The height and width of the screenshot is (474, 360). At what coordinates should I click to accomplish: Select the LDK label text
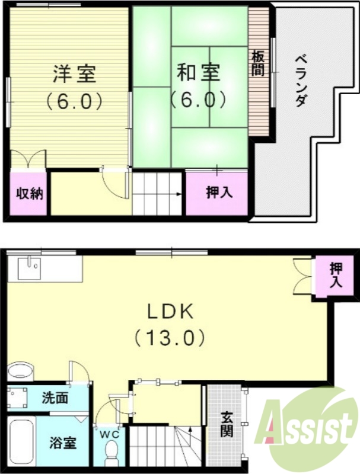(168, 310)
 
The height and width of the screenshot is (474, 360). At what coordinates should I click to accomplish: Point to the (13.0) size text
(169, 338)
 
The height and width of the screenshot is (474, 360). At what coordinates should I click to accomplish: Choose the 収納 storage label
(28, 193)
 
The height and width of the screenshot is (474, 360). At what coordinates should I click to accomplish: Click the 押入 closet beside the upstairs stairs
(218, 193)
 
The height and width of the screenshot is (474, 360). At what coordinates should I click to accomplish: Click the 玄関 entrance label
(227, 424)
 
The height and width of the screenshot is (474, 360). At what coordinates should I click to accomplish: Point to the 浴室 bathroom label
(60, 443)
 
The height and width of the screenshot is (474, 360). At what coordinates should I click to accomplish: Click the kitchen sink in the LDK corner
(29, 269)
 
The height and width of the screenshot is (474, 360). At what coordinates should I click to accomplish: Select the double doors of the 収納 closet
(28, 159)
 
